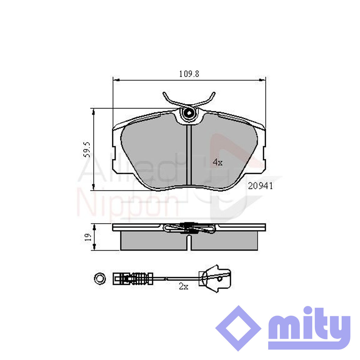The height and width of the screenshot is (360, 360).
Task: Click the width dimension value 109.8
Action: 189,74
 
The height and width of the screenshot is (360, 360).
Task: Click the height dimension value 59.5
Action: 87,150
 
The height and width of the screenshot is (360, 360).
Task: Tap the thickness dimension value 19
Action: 88,237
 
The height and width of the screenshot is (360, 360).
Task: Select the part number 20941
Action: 260,186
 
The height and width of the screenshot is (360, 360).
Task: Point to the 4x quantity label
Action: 217,162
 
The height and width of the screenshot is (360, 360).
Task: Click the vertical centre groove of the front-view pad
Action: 189,155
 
